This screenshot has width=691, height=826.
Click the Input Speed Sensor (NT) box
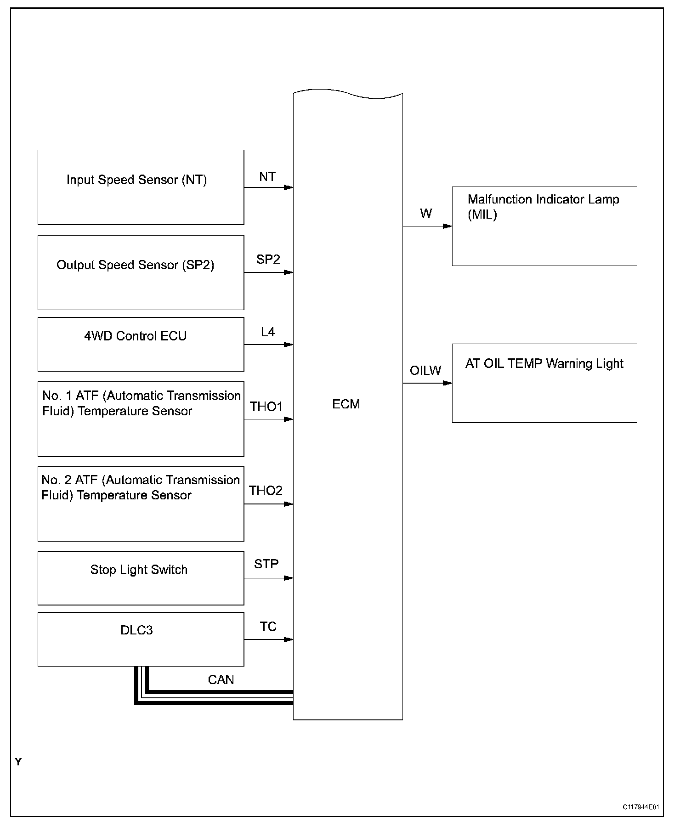141,187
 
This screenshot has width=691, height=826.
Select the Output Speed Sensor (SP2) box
141,272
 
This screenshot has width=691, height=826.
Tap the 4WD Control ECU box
141,344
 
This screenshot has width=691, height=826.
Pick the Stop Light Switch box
141,578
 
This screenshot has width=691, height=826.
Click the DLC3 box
141,639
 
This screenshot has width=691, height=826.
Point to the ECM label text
346,404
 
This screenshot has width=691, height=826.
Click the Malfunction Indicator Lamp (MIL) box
544,226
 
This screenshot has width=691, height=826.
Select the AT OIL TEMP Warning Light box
544,383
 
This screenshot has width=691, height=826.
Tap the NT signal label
267,177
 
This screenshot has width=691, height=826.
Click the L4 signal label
268,332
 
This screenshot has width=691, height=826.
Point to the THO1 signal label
266,407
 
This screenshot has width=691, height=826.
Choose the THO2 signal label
266,491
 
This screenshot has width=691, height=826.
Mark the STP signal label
266,564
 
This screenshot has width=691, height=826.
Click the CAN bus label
221,679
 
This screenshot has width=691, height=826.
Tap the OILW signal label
425,370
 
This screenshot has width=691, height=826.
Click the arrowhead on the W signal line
447,226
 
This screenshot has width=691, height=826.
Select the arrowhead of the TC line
289,639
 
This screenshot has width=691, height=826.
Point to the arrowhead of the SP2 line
289,272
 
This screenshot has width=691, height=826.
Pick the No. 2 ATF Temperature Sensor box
141,504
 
